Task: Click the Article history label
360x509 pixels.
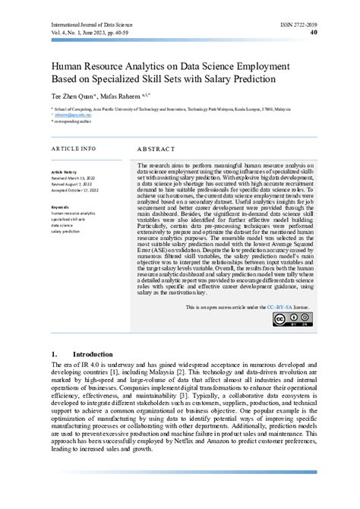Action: pyautogui.click(x=65, y=172)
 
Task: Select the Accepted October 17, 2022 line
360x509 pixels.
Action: pyautogui.click(x=81, y=190)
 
